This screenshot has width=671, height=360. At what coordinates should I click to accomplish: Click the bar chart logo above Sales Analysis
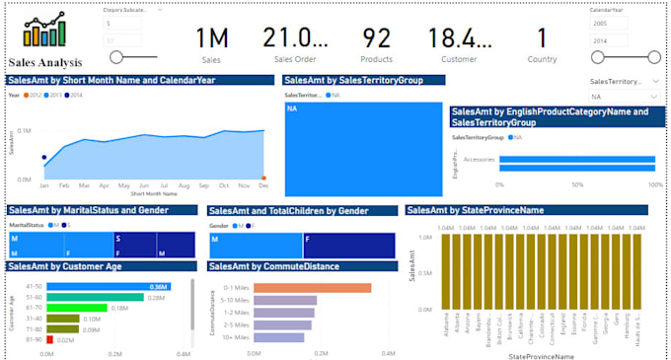(44, 29)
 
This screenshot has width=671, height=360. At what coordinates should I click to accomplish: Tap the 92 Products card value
(376, 38)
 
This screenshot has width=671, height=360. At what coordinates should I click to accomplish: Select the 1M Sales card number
(211, 38)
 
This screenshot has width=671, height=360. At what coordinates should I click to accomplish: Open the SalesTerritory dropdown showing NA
(625, 97)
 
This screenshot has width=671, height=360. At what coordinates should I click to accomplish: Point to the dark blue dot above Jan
(44, 157)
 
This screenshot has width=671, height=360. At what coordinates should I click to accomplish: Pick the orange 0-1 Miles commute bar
(312, 288)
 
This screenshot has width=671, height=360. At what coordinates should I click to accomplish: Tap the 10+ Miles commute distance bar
(279, 337)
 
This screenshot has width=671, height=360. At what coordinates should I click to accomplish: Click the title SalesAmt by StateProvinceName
(476, 209)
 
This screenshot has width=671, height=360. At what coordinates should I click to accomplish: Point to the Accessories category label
(480, 159)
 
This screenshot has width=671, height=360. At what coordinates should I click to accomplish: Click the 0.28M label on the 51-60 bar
(155, 297)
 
